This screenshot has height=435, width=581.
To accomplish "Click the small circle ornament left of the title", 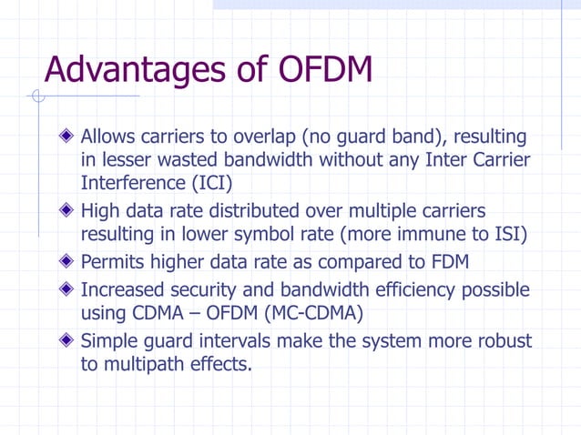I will click(36, 96).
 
